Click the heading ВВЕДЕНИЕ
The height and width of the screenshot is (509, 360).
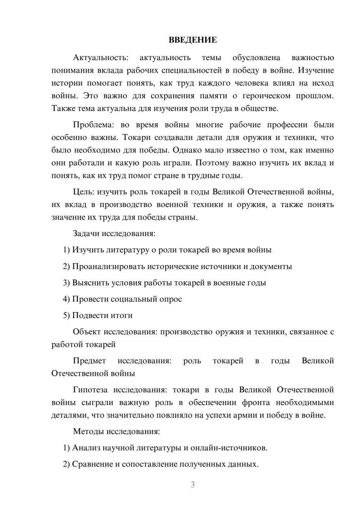point(193,40)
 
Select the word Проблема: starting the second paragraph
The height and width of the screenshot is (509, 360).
point(93,125)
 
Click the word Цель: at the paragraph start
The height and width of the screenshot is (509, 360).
point(84,192)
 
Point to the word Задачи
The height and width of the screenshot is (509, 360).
point(86,233)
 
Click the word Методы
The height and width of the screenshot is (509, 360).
point(88,431)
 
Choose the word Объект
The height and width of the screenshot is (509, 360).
point(87,332)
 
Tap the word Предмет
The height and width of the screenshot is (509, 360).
point(89,361)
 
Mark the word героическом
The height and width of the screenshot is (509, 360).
point(266,96)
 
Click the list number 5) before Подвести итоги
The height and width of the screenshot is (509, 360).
point(66,315)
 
